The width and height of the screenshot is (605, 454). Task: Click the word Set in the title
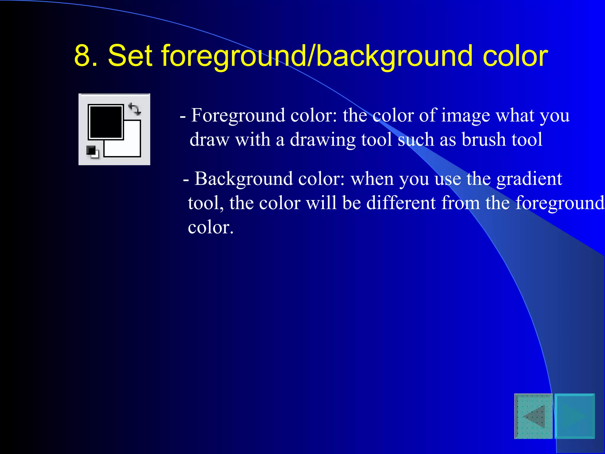click(130, 56)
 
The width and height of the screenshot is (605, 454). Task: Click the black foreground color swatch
click(105, 121)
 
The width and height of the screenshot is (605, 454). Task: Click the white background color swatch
click(130, 146)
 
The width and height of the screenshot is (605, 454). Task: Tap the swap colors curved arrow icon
click(134, 109)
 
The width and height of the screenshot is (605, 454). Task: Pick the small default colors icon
click(92, 152)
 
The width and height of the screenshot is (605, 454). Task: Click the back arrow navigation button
click(534, 416)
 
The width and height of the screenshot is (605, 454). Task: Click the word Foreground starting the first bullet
click(238, 115)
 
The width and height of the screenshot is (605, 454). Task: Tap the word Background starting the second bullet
click(244, 179)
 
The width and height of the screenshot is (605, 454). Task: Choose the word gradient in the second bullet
click(529, 179)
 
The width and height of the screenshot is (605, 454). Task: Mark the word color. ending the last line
click(211, 227)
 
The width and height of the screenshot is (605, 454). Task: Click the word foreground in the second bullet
click(560, 204)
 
